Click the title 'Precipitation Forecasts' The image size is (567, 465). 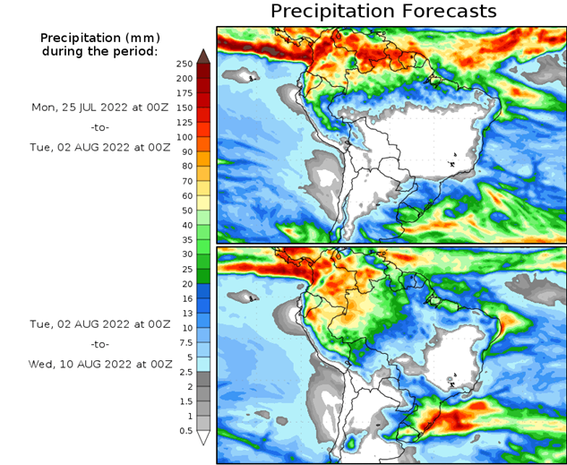[x=382, y=12]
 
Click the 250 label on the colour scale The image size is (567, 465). [x=185, y=64]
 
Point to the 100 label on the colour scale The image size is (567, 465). [x=185, y=137]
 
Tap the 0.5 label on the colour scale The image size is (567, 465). [x=185, y=430]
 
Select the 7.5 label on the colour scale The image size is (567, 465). [x=185, y=342]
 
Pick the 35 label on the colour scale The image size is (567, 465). [x=185, y=239]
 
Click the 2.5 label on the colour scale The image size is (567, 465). [x=185, y=371]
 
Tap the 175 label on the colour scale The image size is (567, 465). [x=185, y=93]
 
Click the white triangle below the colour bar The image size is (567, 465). [x=203, y=437]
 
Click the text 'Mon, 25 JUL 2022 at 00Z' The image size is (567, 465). [x=99, y=107]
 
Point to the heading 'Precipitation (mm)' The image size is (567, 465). [x=99, y=38]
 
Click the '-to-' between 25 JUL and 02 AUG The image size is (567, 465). [x=99, y=126]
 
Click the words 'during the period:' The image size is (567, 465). [x=99, y=51]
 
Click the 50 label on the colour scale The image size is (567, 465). [x=185, y=211]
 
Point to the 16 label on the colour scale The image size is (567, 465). [x=185, y=298]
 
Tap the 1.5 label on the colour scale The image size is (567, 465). [x=185, y=400]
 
